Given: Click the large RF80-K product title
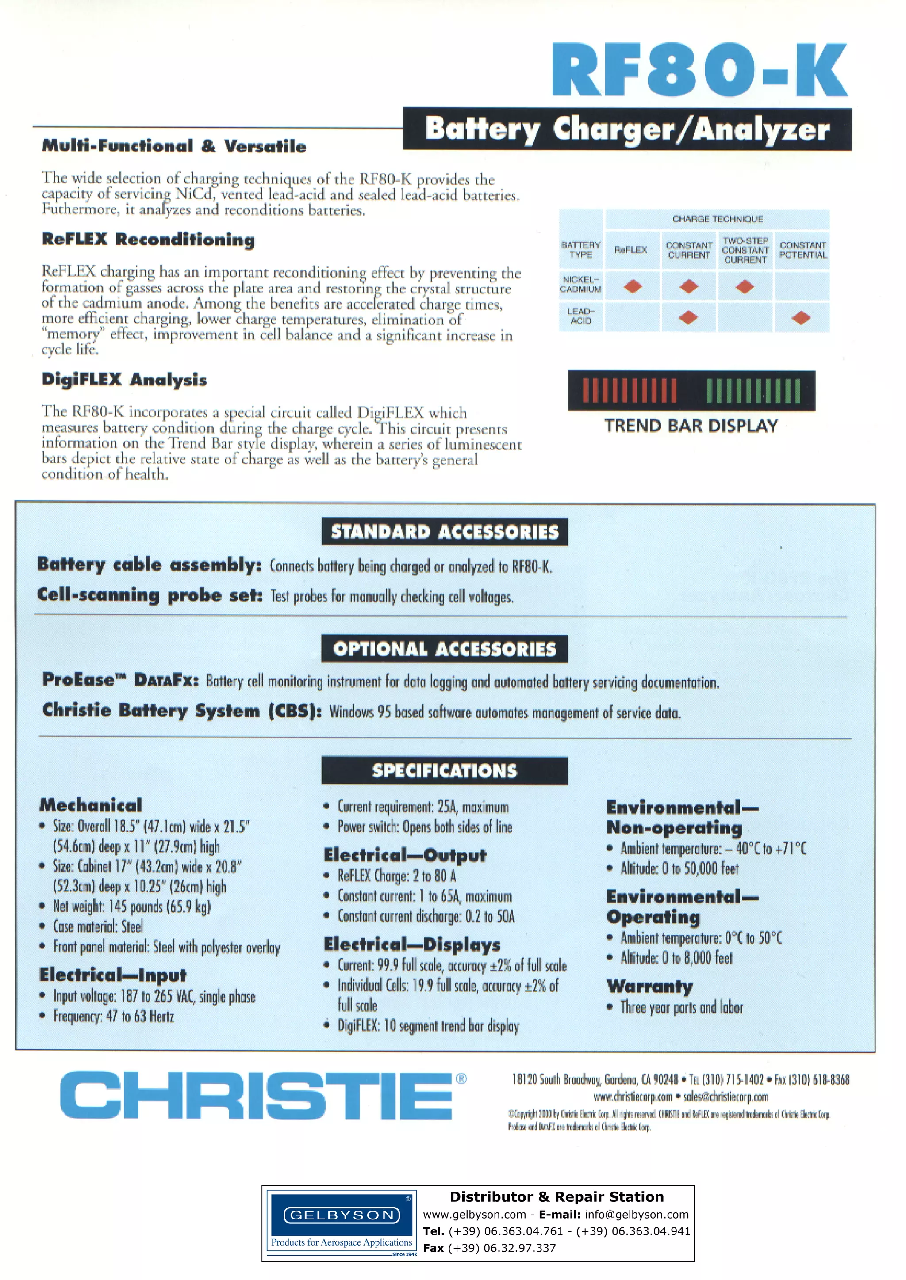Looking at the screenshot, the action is click(x=699, y=71).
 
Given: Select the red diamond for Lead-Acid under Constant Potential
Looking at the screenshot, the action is click(x=801, y=318).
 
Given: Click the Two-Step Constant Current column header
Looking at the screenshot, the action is click(x=745, y=250).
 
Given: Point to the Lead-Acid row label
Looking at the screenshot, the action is click(x=581, y=316).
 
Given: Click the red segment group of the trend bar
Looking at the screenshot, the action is click(x=630, y=391).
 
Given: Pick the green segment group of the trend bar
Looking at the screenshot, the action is click(x=753, y=391).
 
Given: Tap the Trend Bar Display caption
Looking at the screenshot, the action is click(x=691, y=427).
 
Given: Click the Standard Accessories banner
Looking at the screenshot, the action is click(x=445, y=532).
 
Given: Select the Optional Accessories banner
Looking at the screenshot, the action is click(x=445, y=649).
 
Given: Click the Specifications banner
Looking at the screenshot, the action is click(x=445, y=771).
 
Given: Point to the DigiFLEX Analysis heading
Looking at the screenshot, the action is click(x=124, y=380).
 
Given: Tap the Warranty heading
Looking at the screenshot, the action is click(x=649, y=986).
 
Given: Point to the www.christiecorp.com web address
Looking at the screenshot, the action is click(x=633, y=1097).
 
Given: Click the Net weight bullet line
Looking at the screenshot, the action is click(x=132, y=907).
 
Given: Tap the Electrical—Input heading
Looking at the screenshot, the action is click(x=113, y=975).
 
